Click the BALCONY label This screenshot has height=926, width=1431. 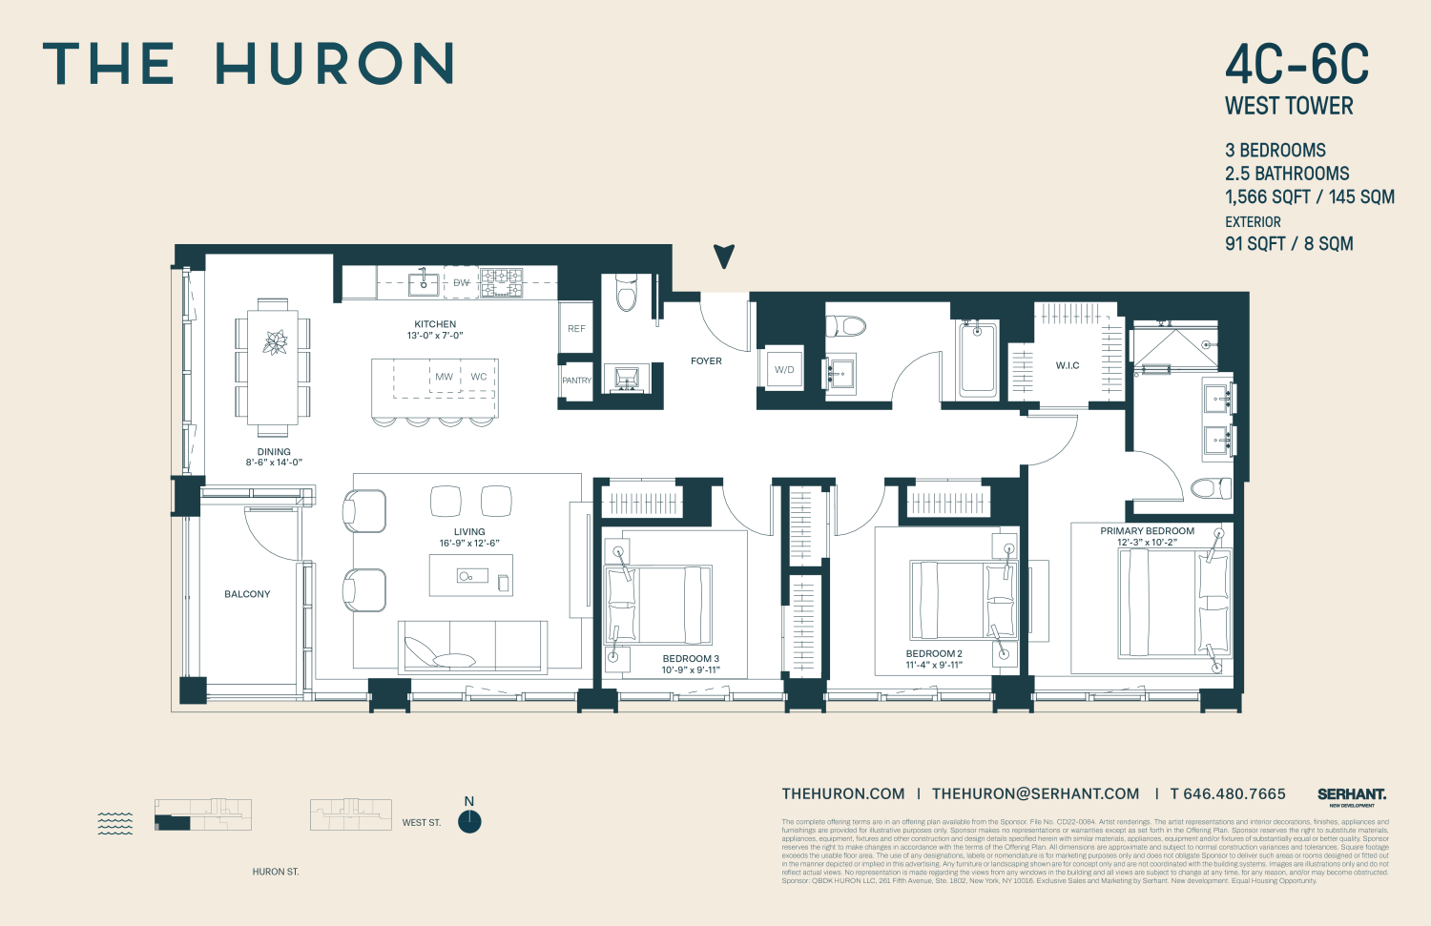[247, 594]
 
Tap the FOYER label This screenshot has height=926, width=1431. [706, 361]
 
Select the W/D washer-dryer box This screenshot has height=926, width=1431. [784, 369]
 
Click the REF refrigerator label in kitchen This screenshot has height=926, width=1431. [576, 329]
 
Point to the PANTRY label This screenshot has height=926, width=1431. [576, 381]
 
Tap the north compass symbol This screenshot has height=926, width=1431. [469, 821]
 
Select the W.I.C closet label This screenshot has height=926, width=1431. [1068, 365]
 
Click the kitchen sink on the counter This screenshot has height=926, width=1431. [424, 282]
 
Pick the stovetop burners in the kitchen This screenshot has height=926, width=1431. [501, 282]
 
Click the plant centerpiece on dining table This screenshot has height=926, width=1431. [275, 342]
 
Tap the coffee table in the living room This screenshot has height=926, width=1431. [470, 576]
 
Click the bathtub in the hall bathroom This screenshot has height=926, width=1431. [979, 359]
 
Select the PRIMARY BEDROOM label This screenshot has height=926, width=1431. [1147, 531]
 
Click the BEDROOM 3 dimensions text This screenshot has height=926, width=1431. [691, 670]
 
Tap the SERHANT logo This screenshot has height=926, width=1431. [1351, 794]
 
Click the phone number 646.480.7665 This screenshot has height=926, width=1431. [1227, 793]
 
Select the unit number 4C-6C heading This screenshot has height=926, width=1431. [1296, 66]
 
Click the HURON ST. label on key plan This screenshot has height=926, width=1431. [276, 872]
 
